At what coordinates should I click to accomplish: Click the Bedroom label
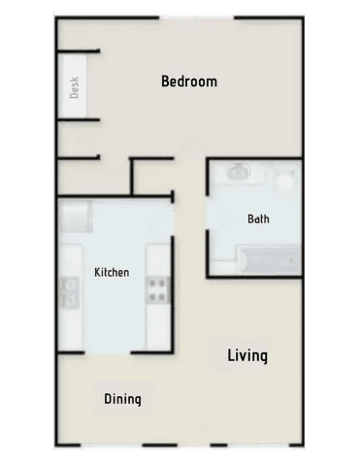pos(189,82)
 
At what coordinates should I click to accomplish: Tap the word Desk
pos(74,87)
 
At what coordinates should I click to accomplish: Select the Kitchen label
pos(112,272)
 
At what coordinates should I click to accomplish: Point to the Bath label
pos(258,219)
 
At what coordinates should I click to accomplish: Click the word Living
pos(247,356)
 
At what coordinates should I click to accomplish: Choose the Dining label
pos(122,399)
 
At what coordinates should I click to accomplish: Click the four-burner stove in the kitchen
pos(157,290)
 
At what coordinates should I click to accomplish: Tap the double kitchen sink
pos(70,292)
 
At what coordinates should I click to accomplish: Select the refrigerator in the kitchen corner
pos(76,216)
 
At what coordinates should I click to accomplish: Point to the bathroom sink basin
pos(239,171)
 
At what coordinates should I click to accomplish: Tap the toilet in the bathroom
pos(285,179)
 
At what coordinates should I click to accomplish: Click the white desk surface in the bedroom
pos(74,85)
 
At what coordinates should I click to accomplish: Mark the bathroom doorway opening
pos(208,213)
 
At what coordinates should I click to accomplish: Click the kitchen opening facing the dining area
pos(108,352)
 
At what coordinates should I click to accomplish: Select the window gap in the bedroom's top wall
pos(197,17)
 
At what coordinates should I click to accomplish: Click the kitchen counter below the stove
pos(157,326)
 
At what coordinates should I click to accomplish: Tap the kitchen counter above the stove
pos(157,261)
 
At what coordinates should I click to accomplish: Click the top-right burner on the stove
pos(162,283)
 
